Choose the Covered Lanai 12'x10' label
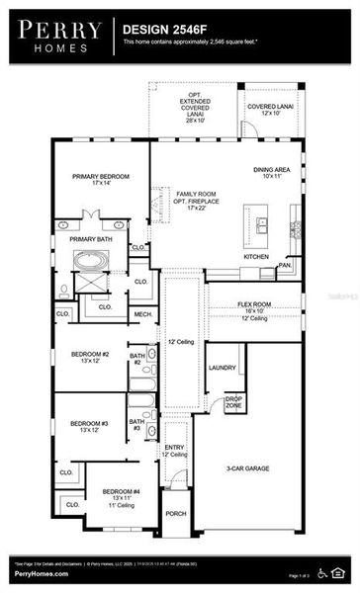(x=269, y=109)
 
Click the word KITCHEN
(x=256, y=256)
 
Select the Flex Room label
(x=254, y=308)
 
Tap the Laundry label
(x=222, y=368)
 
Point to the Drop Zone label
(x=233, y=402)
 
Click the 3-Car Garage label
(x=247, y=468)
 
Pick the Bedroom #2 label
(x=89, y=357)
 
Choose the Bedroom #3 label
(x=89, y=426)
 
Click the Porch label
(x=176, y=513)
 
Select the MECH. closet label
(x=143, y=315)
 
